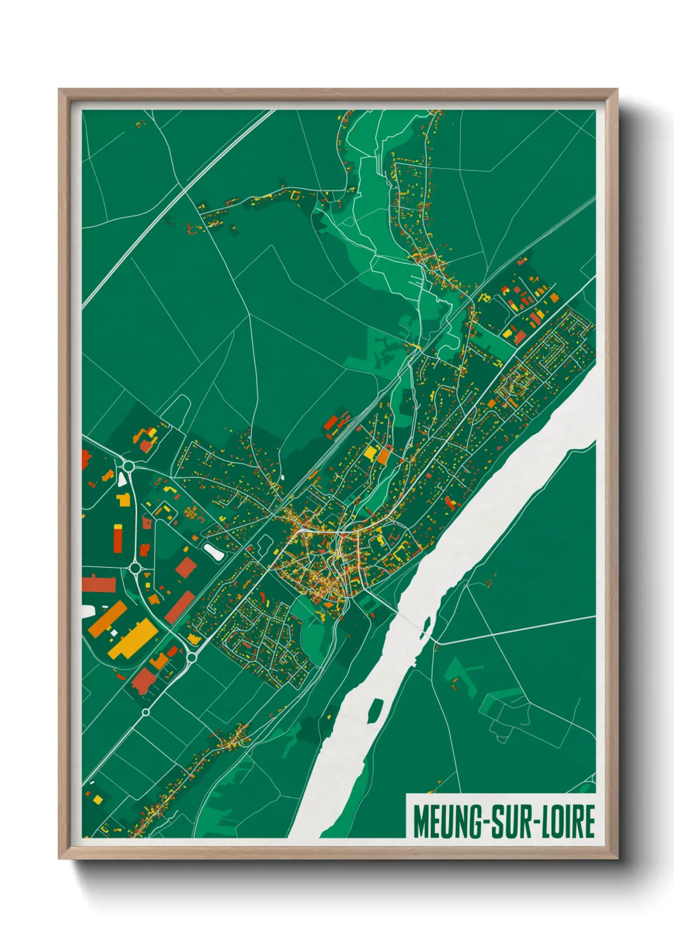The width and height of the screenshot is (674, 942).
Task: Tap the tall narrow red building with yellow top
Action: [x=118, y=538]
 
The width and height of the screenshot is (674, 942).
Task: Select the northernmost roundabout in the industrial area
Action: [x=129, y=466]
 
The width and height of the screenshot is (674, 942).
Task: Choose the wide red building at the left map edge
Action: [x=98, y=584]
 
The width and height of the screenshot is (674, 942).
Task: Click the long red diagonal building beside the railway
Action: [x=180, y=607]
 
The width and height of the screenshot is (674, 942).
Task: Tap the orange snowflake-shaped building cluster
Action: [x=190, y=512]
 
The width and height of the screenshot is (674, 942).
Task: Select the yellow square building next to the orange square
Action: [x=370, y=453]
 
